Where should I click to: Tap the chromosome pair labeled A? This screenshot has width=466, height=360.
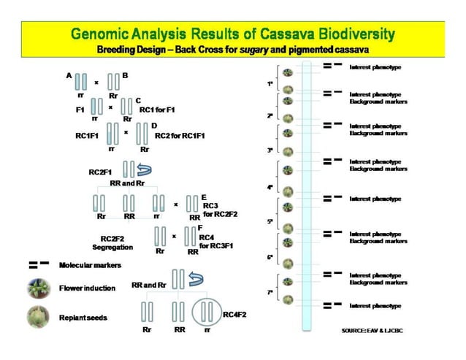click(x=82, y=80)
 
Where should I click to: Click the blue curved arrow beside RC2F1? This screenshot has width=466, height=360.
click(x=145, y=170)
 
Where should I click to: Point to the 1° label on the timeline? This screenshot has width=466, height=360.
click(x=270, y=83)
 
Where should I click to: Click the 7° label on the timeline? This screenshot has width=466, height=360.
click(x=270, y=291)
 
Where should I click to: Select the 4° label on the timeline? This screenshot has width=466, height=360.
click(x=270, y=188)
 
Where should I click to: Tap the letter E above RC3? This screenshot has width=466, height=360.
click(x=204, y=197)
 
